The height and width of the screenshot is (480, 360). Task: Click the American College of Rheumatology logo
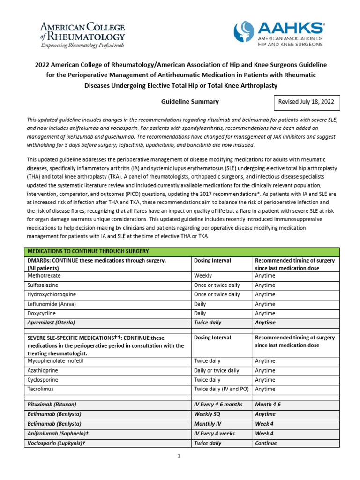pos(83,34)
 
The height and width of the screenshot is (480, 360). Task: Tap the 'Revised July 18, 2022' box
pos(306,102)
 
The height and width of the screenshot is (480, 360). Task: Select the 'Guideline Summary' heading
pos(190,102)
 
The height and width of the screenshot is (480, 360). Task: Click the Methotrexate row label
pos(44,276)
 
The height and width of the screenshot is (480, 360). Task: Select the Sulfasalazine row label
pos(43,285)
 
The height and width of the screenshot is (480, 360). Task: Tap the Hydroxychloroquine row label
pos(51,294)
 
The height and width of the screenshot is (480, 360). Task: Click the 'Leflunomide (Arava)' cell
pos(51,304)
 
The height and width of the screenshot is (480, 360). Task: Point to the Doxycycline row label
pos(42,313)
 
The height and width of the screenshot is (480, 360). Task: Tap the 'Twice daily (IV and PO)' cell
pos(221,389)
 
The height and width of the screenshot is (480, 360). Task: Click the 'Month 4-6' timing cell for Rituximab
pos(268,404)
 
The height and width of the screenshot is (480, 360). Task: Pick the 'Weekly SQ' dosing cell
pos(208,414)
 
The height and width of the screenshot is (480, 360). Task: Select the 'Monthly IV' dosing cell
pos(208,424)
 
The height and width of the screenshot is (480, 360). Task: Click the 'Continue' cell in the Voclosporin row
pos(266,443)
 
